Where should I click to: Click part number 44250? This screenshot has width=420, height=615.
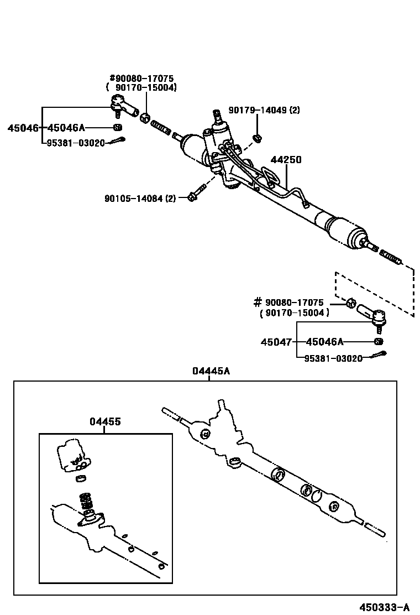click(x=286, y=160)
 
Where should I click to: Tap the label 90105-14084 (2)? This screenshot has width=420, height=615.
click(x=140, y=198)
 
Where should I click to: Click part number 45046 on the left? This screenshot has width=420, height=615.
click(x=23, y=128)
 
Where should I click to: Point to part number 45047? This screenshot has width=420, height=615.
click(x=276, y=342)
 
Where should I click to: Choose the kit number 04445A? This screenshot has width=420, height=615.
click(x=211, y=371)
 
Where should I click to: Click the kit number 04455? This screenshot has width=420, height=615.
click(x=105, y=422)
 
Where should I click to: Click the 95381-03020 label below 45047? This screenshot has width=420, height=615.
click(x=333, y=358)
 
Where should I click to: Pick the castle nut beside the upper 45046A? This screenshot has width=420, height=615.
click(x=117, y=128)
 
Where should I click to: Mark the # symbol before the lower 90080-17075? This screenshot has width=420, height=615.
click(x=257, y=302)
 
